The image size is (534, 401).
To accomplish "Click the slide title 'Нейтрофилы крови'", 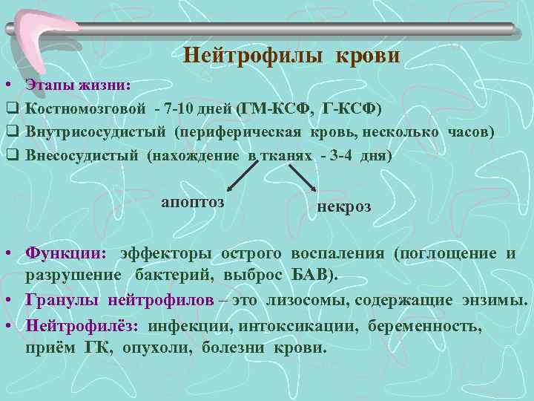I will (x=291, y=56).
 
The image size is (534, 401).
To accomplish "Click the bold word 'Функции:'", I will (x=66, y=253).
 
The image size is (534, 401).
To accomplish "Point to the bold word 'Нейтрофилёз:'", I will (x=82, y=325).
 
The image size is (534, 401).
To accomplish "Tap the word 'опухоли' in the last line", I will (x=156, y=347).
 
